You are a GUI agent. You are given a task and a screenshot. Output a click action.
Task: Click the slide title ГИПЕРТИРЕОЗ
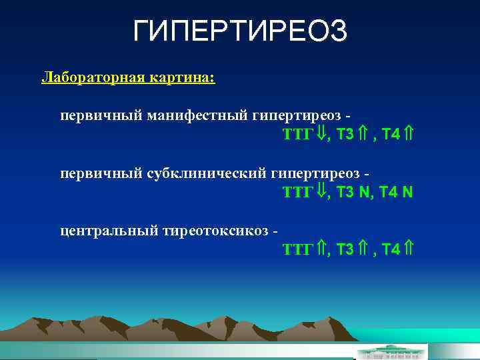(240, 31)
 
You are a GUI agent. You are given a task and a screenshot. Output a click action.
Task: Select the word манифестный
(198, 116)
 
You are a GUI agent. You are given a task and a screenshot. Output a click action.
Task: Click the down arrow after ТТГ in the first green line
(321, 134)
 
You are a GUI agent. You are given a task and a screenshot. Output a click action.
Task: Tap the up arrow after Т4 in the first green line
(409, 134)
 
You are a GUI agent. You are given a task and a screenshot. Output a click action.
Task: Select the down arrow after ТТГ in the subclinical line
(321, 192)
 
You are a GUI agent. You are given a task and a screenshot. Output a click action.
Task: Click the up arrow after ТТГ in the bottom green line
(321, 249)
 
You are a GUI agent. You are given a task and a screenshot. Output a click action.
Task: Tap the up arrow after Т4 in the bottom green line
(409, 249)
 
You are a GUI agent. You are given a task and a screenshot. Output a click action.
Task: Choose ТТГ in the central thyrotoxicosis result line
(297, 249)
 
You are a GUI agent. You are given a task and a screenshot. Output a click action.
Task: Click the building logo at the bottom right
(389, 351)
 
